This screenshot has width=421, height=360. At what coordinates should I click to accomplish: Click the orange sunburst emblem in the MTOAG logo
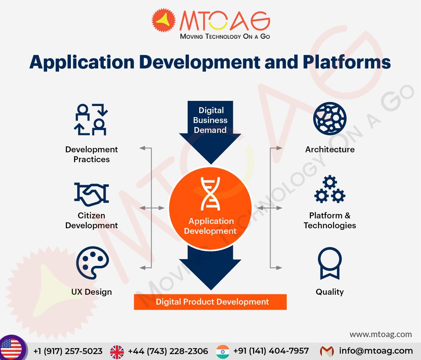(164, 20)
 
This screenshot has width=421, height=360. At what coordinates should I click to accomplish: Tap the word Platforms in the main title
(347, 62)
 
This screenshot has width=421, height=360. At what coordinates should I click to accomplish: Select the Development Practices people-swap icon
(91, 119)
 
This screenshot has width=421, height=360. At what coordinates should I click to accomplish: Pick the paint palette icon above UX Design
(93, 263)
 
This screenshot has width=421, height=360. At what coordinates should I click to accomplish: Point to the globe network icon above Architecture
(330, 118)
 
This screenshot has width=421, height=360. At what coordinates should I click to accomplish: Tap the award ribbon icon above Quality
(330, 263)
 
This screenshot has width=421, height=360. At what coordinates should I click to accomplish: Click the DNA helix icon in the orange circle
(210, 193)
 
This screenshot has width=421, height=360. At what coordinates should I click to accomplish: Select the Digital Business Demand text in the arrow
(210, 120)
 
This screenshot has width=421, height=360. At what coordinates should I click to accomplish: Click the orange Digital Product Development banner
(210, 302)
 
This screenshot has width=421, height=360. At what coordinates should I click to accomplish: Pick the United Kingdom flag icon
(117, 352)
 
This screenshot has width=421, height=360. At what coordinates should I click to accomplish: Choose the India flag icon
(223, 351)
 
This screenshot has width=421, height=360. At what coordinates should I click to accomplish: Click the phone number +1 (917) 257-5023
(68, 351)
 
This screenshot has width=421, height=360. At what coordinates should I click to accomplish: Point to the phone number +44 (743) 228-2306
(168, 351)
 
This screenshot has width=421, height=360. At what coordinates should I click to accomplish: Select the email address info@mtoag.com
(376, 351)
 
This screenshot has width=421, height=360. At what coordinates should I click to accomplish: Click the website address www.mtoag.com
(381, 334)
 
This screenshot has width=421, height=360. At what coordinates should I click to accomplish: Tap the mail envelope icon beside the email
(327, 351)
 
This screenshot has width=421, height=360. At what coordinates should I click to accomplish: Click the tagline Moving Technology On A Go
(225, 36)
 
